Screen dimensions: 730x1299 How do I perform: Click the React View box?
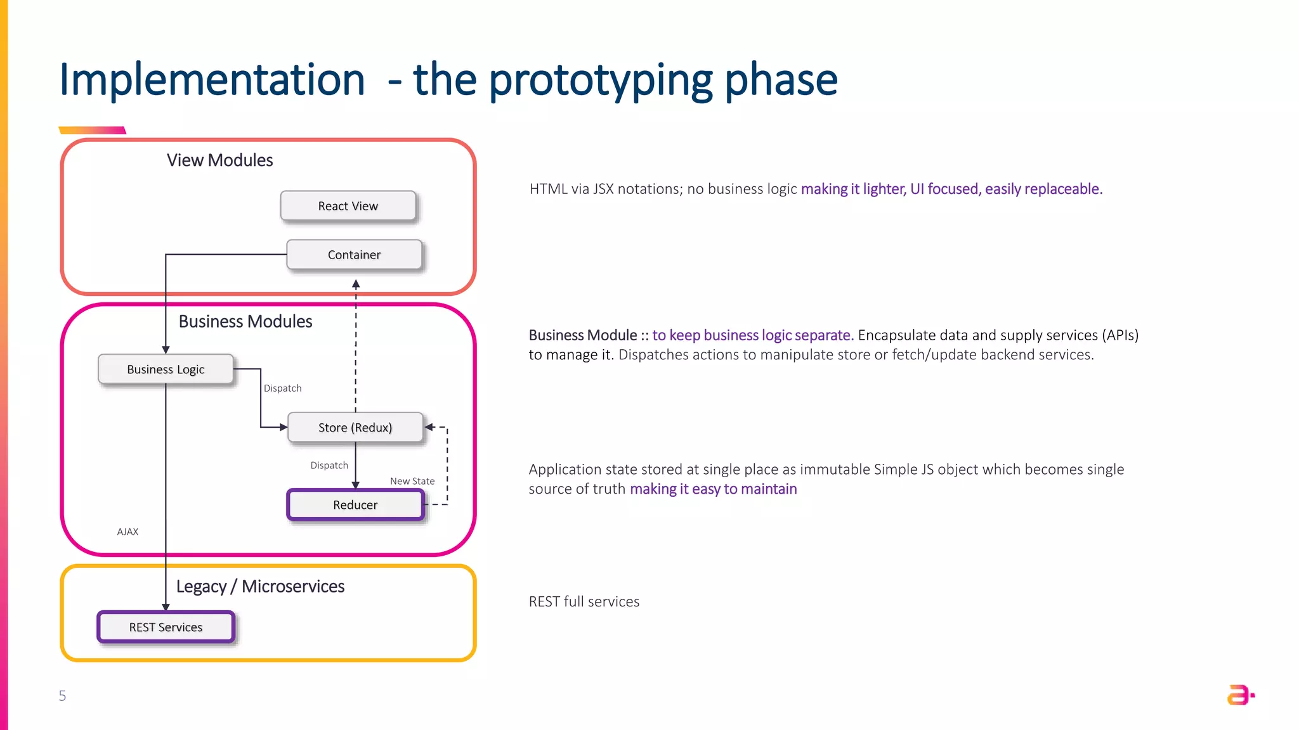point(348,206)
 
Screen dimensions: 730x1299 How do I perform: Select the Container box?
point(354,255)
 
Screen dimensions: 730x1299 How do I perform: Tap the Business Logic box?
point(166,369)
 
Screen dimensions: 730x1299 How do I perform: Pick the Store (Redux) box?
point(355,428)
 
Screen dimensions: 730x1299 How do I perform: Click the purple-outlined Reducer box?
point(355,505)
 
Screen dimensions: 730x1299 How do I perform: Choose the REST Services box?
point(166,627)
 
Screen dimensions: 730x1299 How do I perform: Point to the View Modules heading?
point(219,160)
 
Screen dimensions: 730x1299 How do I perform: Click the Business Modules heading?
point(245,321)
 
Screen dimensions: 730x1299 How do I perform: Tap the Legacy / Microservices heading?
point(260,586)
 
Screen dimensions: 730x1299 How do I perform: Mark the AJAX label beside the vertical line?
point(127,532)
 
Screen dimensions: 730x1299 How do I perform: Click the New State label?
point(412,481)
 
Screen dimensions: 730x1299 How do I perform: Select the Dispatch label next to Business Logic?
point(282,388)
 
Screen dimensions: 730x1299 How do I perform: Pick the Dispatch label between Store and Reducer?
point(329,465)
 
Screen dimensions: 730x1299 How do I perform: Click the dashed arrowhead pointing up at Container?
point(356,285)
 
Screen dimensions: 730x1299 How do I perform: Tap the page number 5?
point(62,696)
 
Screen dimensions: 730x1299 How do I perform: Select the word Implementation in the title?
point(212,80)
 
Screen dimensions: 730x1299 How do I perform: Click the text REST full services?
point(584,601)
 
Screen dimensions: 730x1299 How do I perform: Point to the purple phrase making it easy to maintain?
point(713,489)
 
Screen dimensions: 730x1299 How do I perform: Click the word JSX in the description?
point(603,189)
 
